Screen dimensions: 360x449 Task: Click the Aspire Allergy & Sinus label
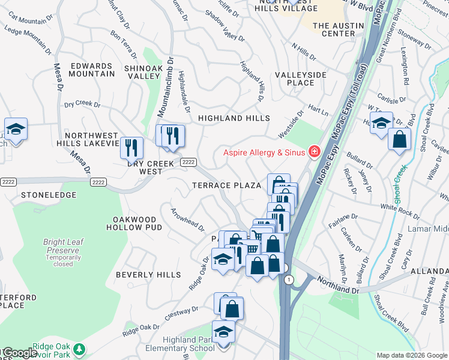[264, 152]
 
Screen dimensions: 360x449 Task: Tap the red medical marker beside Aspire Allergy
[313, 152]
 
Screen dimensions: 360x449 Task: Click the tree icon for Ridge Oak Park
[79, 348]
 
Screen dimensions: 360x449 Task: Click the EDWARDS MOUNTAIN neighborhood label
[92, 70]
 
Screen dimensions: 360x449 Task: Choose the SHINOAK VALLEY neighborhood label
[142, 73]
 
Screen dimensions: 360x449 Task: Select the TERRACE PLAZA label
[226, 185]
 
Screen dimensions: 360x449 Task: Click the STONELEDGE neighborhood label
[49, 195]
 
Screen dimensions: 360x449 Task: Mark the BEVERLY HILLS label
[148, 275]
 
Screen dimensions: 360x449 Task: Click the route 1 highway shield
[289, 280]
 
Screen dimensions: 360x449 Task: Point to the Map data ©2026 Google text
[411, 355]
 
